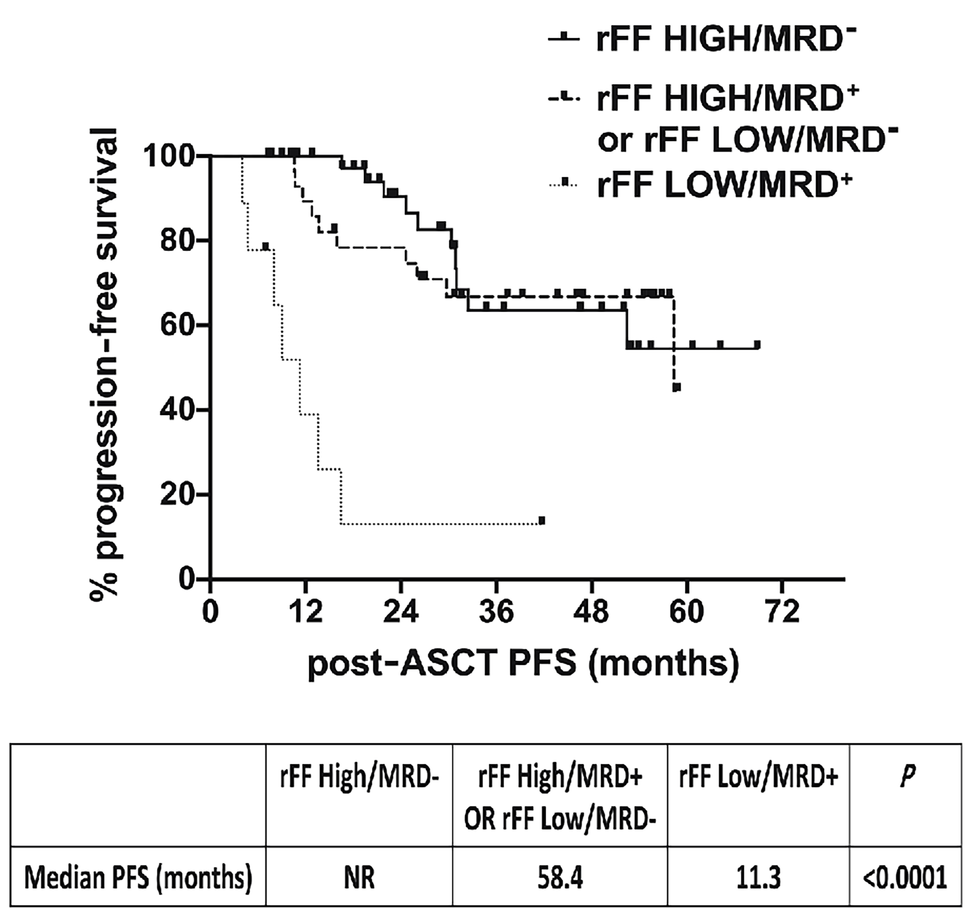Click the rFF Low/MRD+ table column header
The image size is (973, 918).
point(758,778)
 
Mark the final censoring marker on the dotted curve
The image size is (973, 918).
point(541,520)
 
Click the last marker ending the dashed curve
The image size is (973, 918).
point(677,387)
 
